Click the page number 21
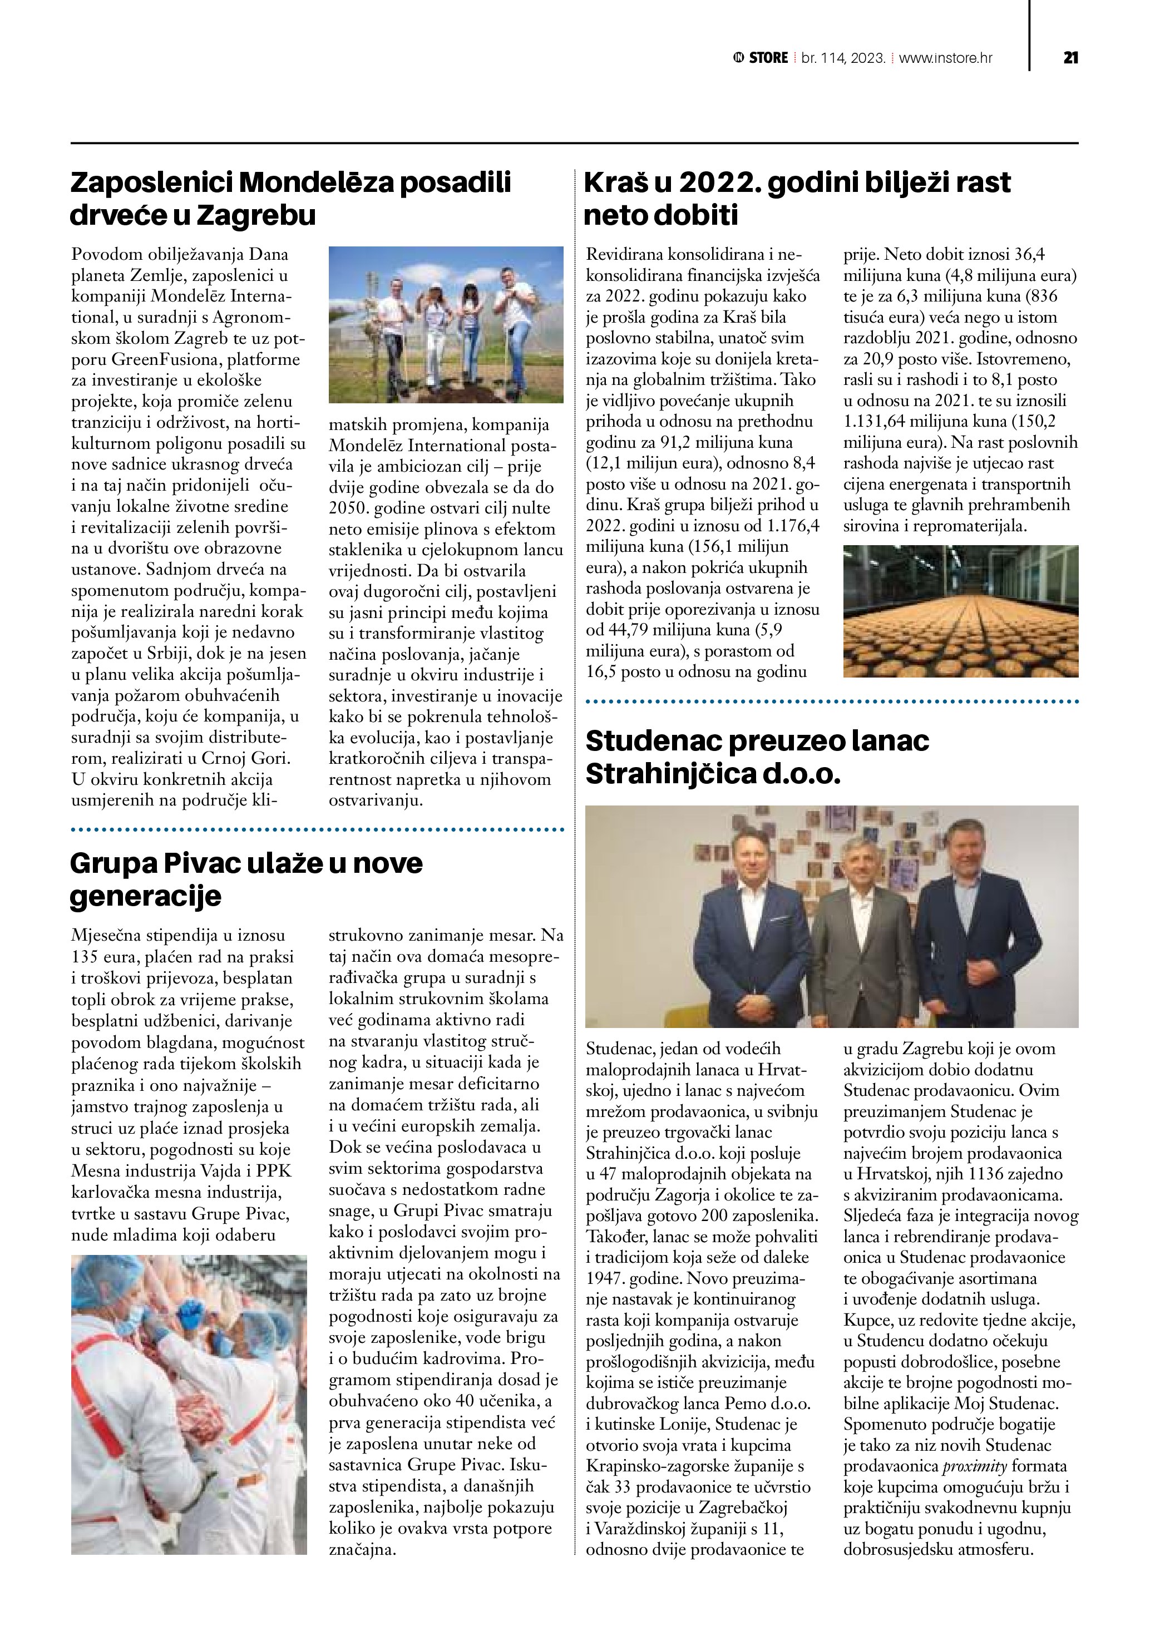[x=1070, y=57]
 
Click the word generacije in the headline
[x=145, y=896]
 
